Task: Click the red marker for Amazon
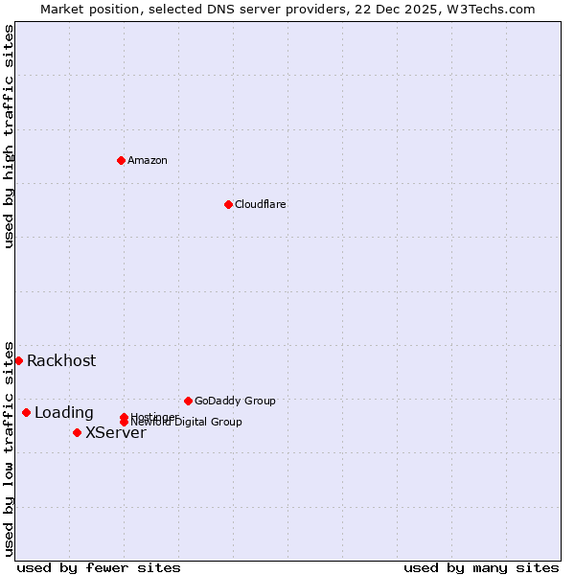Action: pos(122,160)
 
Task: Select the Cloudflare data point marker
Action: pos(228,204)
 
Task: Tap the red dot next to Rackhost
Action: pos(18,360)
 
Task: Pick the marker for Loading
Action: pos(26,413)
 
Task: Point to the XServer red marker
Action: pos(77,432)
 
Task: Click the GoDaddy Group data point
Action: pos(188,401)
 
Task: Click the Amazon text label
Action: pos(148,160)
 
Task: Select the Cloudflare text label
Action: pos(261,204)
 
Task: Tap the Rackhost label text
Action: pos(61,360)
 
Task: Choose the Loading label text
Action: pos(64,413)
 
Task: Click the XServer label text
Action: pos(116,432)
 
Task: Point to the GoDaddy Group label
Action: pos(235,401)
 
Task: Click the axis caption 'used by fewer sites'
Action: pos(99,568)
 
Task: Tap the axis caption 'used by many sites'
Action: pos(481,568)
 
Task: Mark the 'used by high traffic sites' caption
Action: pos(9,136)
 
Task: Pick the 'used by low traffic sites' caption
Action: pos(9,448)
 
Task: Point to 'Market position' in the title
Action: pos(84,9)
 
